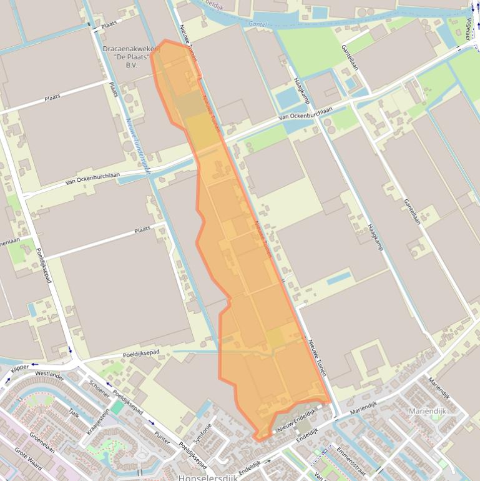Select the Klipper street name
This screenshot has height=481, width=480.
[x=19, y=369]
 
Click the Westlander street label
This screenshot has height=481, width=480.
[x=50, y=377]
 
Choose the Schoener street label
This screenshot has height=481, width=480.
[x=99, y=389]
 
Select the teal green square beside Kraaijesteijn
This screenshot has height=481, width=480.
[x=118, y=407]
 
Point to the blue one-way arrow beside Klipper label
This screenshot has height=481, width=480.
[x=9, y=379]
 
